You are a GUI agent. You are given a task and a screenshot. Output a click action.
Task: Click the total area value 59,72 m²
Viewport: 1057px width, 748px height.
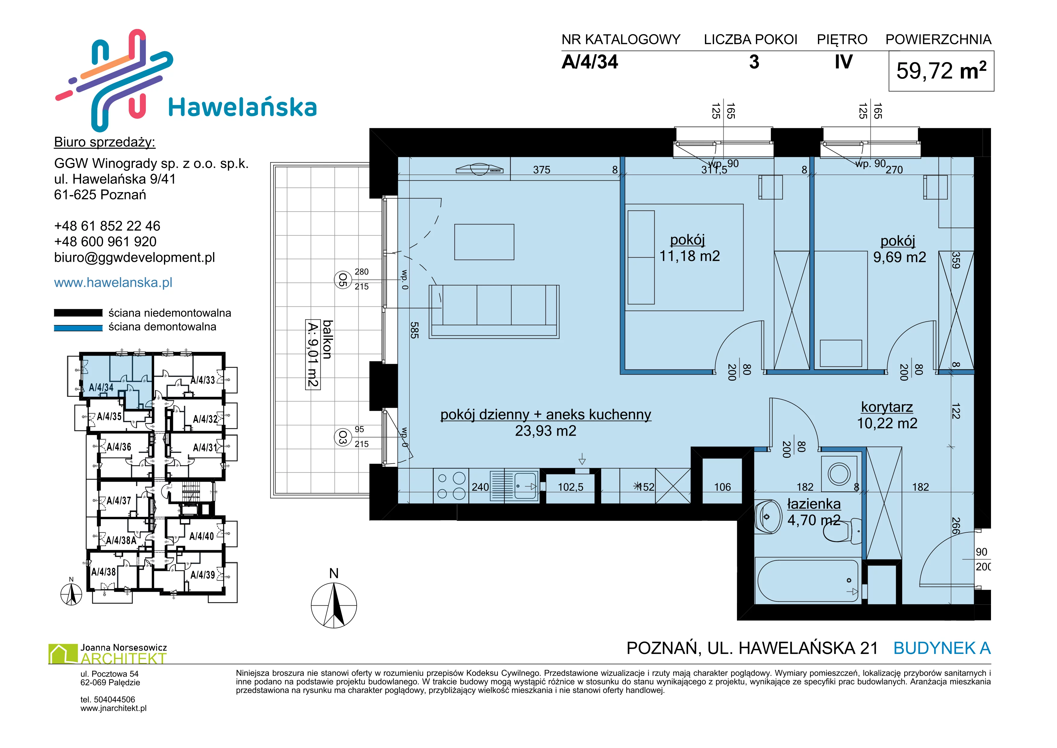tap(941, 71)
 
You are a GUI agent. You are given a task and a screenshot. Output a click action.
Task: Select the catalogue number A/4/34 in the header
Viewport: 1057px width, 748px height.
tap(590, 62)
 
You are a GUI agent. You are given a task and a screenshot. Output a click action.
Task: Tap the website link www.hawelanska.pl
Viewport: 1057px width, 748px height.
tap(113, 282)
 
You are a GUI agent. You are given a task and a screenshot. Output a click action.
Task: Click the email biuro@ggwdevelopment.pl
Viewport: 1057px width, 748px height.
tap(134, 258)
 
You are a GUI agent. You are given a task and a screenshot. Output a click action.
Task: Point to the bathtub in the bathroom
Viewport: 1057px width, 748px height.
tap(807, 581)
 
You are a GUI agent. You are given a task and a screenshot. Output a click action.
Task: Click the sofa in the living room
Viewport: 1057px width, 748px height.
tap(494, 312)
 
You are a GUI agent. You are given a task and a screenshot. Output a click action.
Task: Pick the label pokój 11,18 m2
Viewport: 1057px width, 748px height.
tap(689, 248)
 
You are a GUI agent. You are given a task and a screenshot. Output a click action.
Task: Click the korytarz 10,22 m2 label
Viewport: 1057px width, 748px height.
tap(887, 415)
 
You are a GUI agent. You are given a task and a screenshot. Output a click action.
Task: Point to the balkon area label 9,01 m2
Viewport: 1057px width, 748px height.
tap(313, 355)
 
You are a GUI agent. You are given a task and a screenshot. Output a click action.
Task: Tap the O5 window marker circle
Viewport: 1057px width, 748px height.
tap(342, 280)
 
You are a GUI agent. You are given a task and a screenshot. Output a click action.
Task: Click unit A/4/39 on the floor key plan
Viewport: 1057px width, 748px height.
tap(203, 575)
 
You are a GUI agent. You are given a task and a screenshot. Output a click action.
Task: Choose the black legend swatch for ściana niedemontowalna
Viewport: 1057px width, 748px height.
tap(78, 313)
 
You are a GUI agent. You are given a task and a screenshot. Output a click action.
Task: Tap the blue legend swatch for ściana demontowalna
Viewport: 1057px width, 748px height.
tap(78, 328)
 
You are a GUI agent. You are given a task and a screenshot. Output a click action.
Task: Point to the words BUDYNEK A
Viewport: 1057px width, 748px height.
tap(942, 648)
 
